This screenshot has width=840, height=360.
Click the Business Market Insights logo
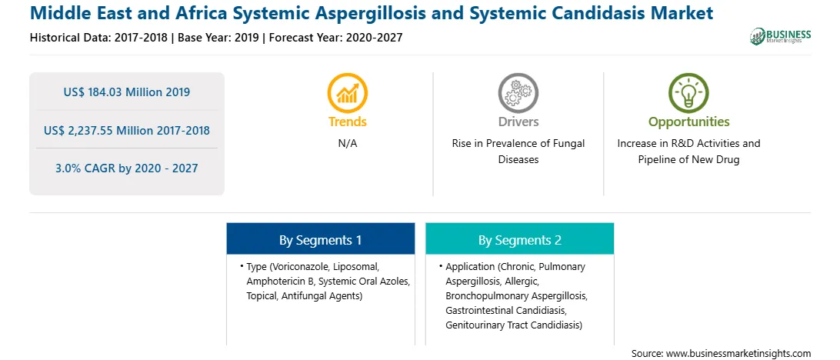pyautogui.click(x=780, y=36)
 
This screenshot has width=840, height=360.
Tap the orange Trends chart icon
pyautogui.click(x=347, y=92)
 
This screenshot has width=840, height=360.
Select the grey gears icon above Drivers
pyautogui.click(x=518, y=92)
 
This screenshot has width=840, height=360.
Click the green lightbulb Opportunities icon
pyautogui.click(x=688, y=92)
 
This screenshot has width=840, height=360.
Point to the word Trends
pyautogui.click(x=348, y=122)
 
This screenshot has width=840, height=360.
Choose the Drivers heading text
pyautogui.click(x=518, y=122)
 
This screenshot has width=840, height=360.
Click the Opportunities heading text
pyautogui.click(x=689, y=122)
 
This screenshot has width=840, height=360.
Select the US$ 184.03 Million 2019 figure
pyautogui.click(x=126, y=92)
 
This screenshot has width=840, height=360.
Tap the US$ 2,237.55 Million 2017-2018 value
pyautogui.click(x=126, y=130)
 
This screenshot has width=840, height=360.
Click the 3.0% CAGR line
pyautogui.click(x=126, y=168)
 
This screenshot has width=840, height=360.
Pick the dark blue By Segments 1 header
pyautogui.click(x=320, y=238)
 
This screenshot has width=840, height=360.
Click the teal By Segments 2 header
pyautogui.click(x=520, y=238)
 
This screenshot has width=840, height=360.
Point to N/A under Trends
pyautogui.click(x=347, y=144)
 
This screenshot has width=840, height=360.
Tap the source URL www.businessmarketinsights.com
pyautogui.click(x=737, y=353)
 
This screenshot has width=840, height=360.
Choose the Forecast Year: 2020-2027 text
pyautogui.click(x=335, y=38)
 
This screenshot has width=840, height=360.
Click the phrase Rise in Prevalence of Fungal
pyautogui.click(x=518, y=144)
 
